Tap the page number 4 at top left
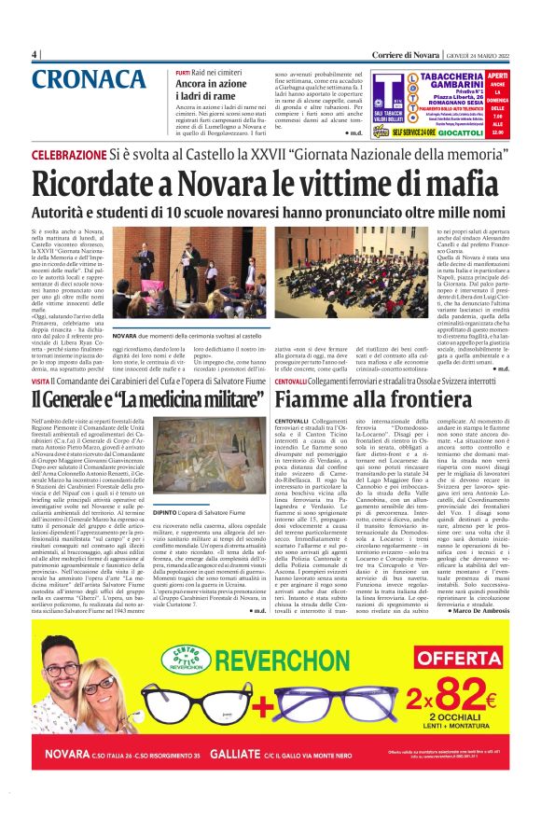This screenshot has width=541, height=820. point(35,54)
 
